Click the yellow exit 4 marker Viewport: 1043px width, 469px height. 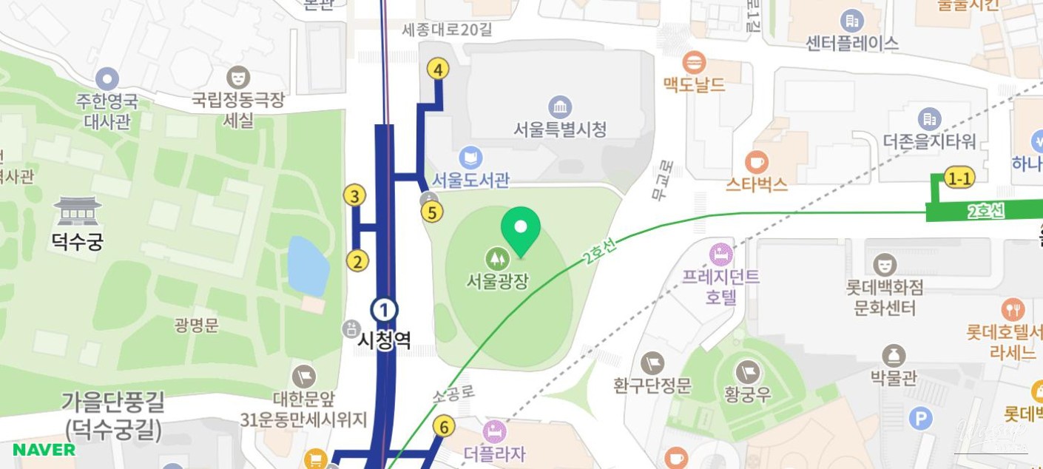click(x=439, y=70)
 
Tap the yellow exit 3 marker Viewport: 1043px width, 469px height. click(x=355, y=196)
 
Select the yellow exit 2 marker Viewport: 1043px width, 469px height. click(x=357, y=260)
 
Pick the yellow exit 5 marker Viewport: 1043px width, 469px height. click(x=432, y=212)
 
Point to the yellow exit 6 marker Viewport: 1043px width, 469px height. click(x=444, y=426)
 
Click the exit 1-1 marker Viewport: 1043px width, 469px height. click(x=959, y=178)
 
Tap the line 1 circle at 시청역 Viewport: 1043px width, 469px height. click(x=384, y=309)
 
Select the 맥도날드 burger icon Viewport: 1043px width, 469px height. click(x=695, y=62)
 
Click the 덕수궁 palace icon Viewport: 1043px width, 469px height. click(x=77, y=211)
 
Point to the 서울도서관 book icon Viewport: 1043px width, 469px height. click(x=470, y=158)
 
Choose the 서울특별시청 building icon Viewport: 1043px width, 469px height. click(x=560, y=107)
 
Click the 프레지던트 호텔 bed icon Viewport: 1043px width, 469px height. click(x=720, y=254)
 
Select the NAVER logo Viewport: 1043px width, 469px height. click(x=44, y=450)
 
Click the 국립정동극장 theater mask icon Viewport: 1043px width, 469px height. click(x=237, y=77)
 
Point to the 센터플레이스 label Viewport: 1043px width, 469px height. click(x=852, y=43)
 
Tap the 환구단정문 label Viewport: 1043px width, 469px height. click(x=652, y=385)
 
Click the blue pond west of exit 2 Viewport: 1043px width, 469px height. click(x=307, y=266)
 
